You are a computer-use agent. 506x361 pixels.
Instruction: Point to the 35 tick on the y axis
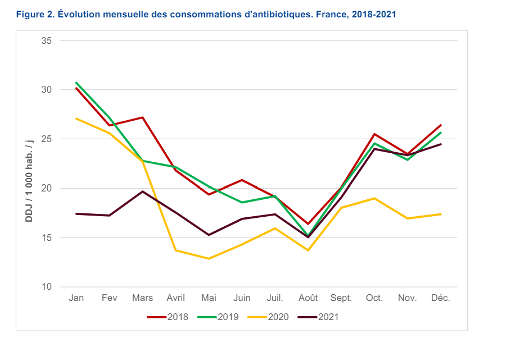(x=47, y=40)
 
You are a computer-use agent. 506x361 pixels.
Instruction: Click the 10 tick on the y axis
(x=47, y=287)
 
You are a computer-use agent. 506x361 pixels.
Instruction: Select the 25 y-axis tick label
(x=47, y=139)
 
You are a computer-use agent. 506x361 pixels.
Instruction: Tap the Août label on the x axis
(x=308, y=298)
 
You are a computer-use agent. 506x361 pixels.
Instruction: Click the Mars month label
(x=142, y=298)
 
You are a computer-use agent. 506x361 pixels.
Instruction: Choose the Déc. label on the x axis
(x=441, y=298)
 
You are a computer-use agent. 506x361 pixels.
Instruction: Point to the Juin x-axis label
(x=242, y=298)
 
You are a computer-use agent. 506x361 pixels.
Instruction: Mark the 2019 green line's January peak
(x=76, y=83)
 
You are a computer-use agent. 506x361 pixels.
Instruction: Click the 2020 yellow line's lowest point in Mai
(x=209, y=259)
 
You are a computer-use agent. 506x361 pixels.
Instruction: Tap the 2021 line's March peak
(x=142, y=191)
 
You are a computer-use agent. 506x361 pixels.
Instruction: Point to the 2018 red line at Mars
(x=142, y=117)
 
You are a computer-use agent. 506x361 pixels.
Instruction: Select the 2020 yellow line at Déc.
(x=441, y=214)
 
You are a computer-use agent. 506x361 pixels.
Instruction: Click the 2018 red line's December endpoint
(x=441, y=125)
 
